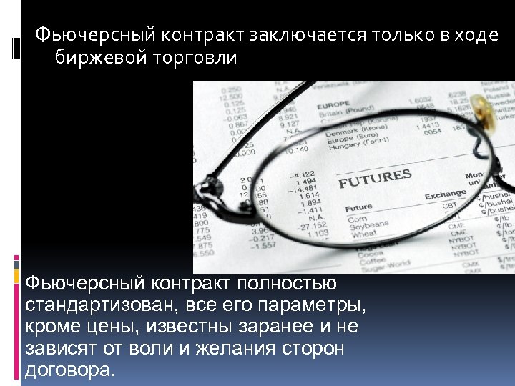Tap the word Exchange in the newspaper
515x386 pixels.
[x=445, y=194]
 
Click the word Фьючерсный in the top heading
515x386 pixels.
[x=79, y=35]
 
